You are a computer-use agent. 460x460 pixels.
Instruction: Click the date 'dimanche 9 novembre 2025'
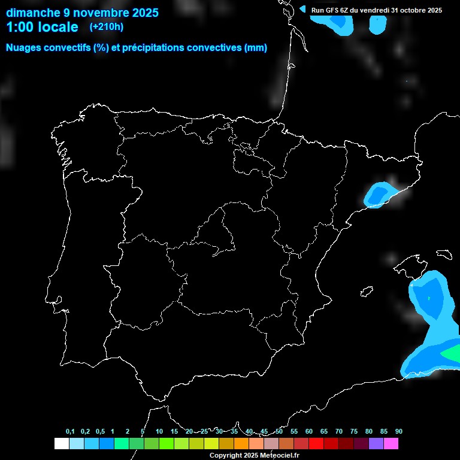pyautogui.click(x=82, y=12)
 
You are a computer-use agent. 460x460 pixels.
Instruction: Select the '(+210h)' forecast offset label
pyautogui.click(x=106, y=26)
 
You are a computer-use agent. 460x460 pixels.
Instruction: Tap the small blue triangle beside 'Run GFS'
pyautogui.click(x=302, y=10)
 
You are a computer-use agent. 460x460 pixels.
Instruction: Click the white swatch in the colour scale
pyautogui.click(x=61, y=444)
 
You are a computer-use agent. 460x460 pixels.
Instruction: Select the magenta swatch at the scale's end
pyautogui.click(x=391, y=444)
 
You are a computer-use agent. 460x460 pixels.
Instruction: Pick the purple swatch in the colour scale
pyautogui.click(x=376, y=444)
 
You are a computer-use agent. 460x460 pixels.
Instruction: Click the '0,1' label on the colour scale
pyautogui.click(x=70, y=431)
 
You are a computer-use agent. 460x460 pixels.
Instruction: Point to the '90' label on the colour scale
pyautogui.click(x=398, y=431)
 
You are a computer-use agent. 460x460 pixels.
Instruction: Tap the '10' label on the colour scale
pyautogui.click(x=159, y=431)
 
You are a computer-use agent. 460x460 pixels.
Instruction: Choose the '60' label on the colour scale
pyautogui.click(x=308, y=431)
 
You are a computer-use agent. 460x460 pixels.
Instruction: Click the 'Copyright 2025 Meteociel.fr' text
pyautogui.click(x=254, y=455)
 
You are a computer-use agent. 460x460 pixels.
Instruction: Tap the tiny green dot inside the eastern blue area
pyautogui.click(x=429, y=298)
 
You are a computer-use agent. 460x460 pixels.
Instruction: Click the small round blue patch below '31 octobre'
pyautogui.click(x=378, y=23)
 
